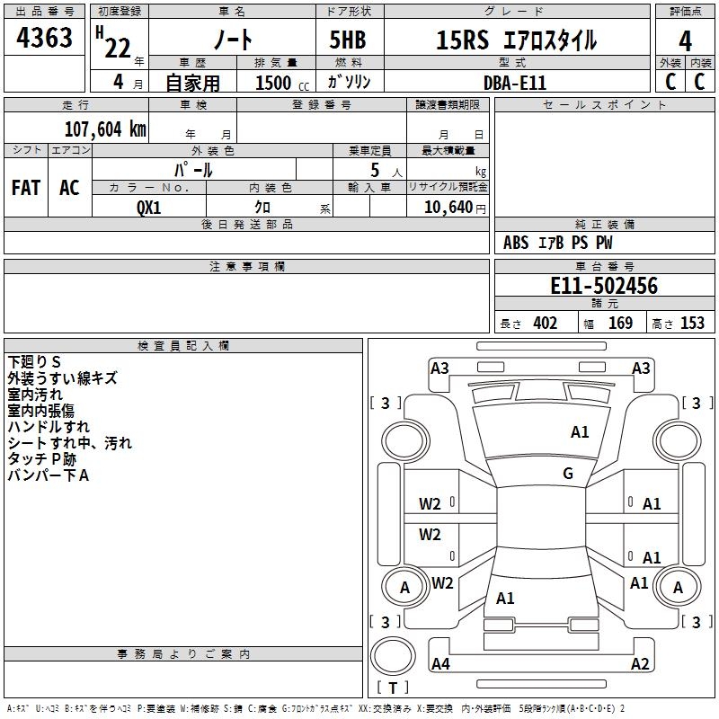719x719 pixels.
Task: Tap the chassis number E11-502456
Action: tap(603, 286)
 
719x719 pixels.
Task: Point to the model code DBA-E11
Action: tap(515, 82)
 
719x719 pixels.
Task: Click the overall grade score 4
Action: tap(686, 40)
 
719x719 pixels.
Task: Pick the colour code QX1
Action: tap(148, 207)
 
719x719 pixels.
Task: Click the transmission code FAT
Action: tap(25, 188)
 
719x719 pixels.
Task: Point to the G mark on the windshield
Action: tap(568, 474)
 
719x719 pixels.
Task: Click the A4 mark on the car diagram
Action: tap(440, 664)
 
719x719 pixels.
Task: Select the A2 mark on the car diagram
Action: tap(640, 664)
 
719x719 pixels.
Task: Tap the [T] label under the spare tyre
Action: tap(393, 688)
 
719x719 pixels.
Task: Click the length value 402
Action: tap(545, 324)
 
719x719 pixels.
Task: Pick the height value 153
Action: tap(692, 324)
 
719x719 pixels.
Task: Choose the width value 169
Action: tap(620, 324)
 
